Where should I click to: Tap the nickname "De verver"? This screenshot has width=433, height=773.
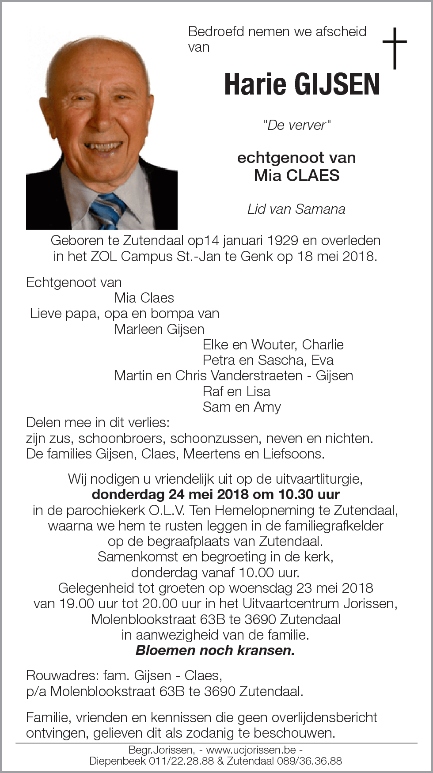tap(296, 125)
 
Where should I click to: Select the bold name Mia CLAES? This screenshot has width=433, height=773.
tap(296, 175)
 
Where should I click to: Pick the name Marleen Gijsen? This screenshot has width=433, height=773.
tap(159, 329)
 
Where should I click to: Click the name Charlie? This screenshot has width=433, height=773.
tap(323, 345)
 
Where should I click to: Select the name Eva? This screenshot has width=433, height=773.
tap(322, 360)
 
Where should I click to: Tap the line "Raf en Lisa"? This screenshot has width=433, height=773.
tap(236, 391)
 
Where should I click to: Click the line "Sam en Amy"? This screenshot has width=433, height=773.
tap(242, 407)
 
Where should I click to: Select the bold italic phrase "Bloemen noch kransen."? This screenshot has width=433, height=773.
tap(215, 650)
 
